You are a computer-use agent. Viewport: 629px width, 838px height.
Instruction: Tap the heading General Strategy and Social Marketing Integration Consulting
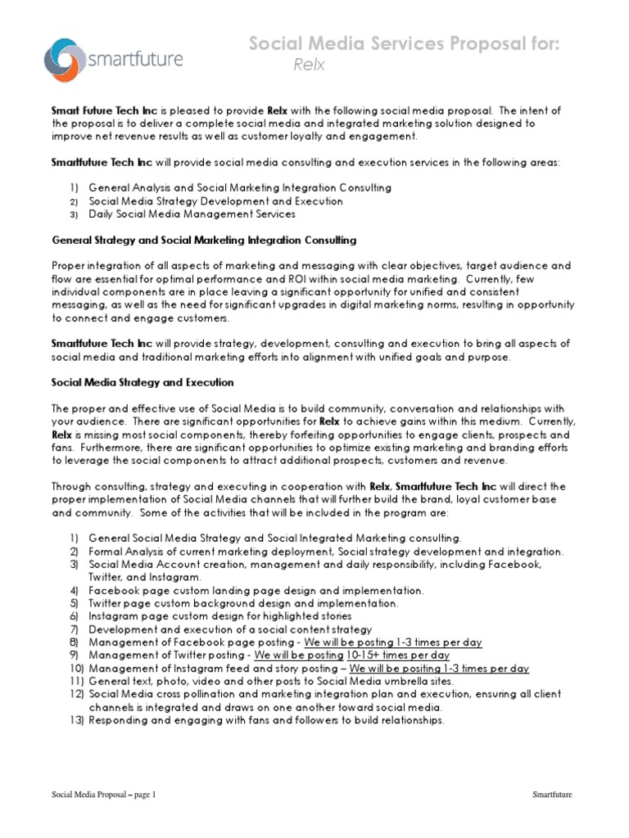point(204,240)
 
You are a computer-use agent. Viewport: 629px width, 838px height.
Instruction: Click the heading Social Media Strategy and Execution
point(143,382)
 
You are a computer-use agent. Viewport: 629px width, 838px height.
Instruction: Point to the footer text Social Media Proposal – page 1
point(103,794)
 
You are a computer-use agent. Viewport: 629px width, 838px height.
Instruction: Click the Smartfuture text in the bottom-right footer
point(552,794)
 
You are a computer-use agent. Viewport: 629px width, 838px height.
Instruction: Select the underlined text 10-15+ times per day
point(398,656)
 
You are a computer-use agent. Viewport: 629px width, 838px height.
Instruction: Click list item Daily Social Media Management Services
point(192,214)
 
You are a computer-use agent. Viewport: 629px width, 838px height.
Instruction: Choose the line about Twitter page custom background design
point(243,603)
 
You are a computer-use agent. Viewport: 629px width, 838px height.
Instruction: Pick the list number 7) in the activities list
point(74,629)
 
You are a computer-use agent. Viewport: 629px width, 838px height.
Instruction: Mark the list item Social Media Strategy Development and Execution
point(215,201)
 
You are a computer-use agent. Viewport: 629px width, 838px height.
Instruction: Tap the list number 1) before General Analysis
point(74,188)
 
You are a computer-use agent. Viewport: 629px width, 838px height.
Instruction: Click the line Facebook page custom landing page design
point(256,590)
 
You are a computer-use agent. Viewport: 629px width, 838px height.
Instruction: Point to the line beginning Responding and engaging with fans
point(266,720)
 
